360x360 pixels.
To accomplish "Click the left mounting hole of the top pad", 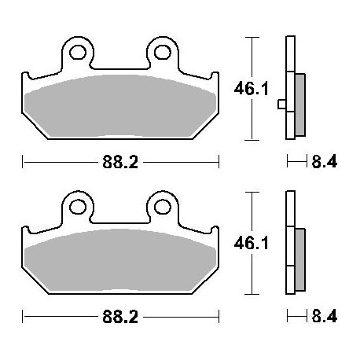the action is [78, 53].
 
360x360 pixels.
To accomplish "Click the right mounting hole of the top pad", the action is [163, 53].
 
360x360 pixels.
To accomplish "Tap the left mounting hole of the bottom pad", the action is [78, 208].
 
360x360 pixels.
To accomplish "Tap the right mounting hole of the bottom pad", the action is [163, 208].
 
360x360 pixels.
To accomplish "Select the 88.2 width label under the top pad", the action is [120, 162].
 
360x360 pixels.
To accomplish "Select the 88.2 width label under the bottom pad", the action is [120, 317].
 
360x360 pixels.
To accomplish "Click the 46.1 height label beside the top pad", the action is [252, 89].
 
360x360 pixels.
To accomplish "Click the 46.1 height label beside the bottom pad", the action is [252, 244].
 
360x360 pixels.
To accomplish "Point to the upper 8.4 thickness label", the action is [325, 161].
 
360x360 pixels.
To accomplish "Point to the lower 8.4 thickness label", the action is [325, 316].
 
